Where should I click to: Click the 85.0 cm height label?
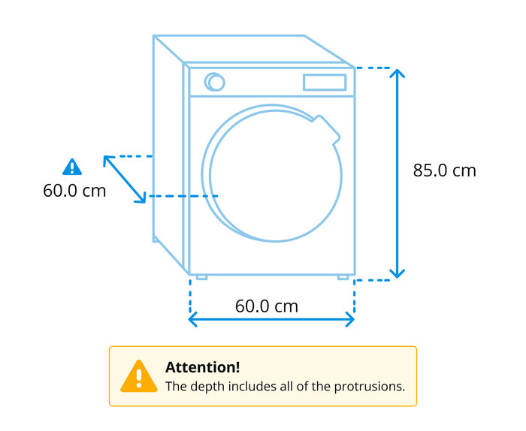[445, 170]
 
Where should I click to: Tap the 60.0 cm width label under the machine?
[267, 306]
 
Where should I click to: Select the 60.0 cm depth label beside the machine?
[74, 191]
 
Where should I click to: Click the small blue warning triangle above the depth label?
[72, 167]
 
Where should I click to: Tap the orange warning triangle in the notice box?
[139, 376]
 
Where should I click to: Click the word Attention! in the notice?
[203, 367]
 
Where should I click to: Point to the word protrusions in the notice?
[370, 387]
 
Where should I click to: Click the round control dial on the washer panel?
[215, 82]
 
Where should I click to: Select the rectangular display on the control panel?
[325, 83]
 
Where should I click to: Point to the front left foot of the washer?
[201, 278]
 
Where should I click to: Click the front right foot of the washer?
[343, 278]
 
